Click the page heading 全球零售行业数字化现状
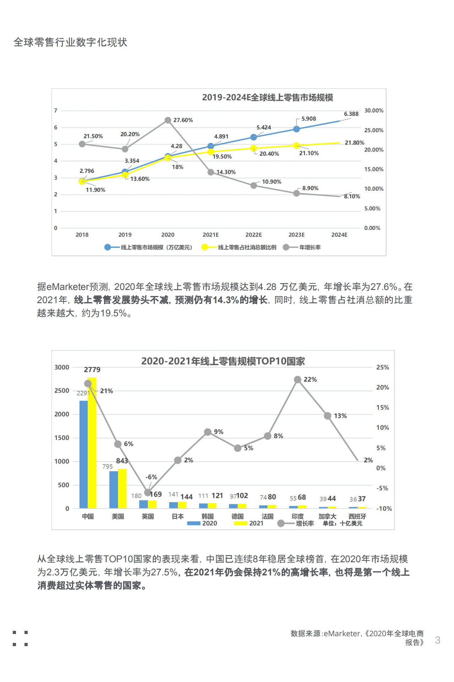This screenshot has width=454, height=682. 70,42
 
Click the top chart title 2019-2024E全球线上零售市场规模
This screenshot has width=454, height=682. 267,97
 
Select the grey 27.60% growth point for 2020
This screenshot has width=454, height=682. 168,120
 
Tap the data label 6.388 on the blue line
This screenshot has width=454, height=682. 351,114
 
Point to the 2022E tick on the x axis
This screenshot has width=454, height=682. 253,235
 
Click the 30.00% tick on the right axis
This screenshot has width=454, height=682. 374,111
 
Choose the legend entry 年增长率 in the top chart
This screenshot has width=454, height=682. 310,247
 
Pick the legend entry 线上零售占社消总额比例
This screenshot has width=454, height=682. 247,247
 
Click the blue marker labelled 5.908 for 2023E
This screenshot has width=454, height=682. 296,129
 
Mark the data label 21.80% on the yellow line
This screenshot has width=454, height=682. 354,143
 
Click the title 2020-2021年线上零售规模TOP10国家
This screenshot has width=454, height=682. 223,361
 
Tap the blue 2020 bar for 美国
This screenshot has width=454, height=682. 114,489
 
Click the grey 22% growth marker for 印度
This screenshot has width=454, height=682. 298,380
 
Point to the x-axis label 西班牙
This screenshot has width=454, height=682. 357,516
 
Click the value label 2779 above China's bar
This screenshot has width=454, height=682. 92,370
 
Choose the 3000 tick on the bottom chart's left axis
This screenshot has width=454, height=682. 62,367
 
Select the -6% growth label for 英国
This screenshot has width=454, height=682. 151,477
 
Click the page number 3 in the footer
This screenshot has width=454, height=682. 438,640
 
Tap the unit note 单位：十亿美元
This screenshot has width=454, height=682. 342,523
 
